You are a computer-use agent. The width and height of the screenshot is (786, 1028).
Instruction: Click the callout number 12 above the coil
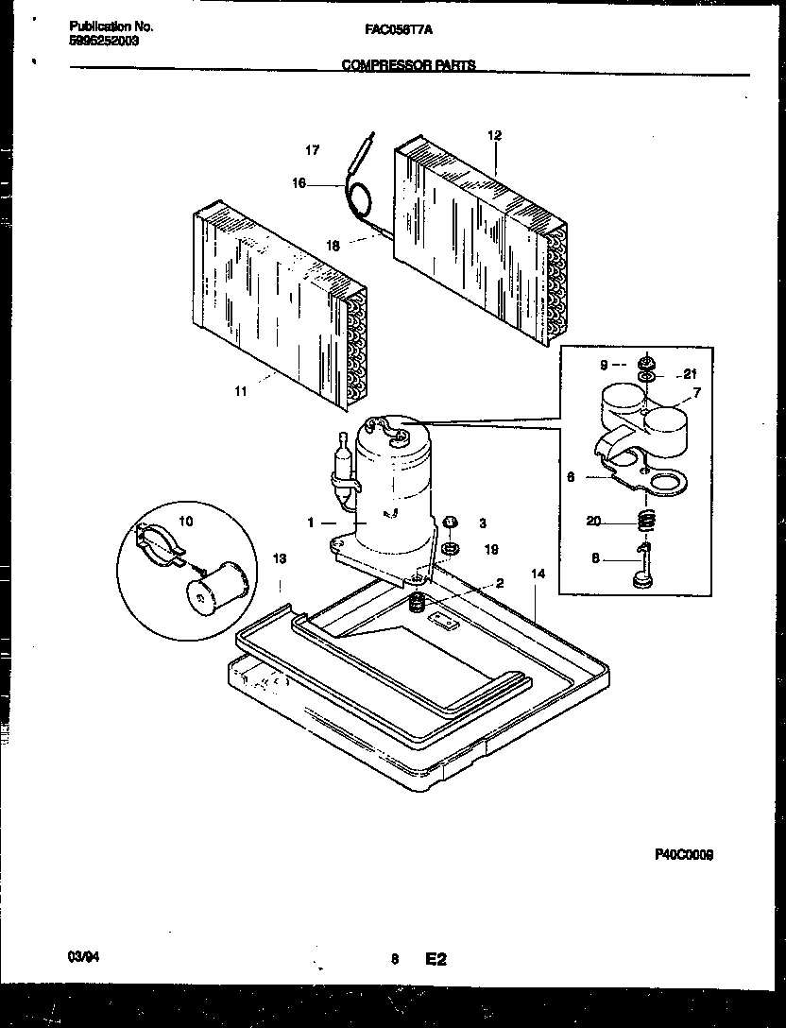tap(493, 135)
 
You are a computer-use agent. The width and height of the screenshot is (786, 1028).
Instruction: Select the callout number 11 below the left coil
tap(241, 391)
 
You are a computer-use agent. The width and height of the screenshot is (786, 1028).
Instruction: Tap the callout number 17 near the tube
tap(313, 150)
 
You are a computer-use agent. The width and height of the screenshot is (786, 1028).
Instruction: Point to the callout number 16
tap(299, 183)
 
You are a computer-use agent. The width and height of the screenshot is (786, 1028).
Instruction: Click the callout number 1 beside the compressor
tap(311, 523)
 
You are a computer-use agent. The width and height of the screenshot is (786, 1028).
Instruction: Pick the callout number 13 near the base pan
tap(279, 558)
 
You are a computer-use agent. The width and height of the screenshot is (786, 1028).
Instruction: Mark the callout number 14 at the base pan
tap(538, 574)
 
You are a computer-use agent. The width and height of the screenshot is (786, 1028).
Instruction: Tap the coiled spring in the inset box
tap(646, 520)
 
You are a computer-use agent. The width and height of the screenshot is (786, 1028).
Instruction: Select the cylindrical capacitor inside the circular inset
tap(218, 585)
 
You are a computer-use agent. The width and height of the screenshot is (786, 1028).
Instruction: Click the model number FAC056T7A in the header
tap(398, 29)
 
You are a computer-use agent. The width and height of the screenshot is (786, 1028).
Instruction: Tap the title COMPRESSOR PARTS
tap(407, 66)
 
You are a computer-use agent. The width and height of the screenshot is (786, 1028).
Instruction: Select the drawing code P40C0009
tap(683, 855)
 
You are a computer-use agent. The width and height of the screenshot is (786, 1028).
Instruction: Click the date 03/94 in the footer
tap(83, 957)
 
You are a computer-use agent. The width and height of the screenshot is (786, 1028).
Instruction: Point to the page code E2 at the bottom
tap(435, 959)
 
